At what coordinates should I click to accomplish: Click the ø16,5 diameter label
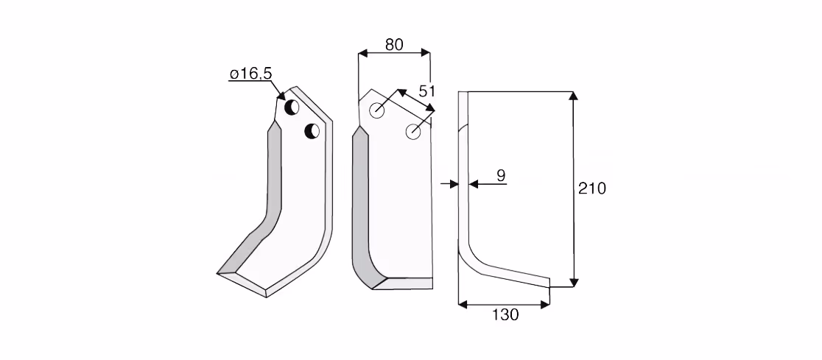tap(250, 74)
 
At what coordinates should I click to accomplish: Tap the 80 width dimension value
tap(394, 45)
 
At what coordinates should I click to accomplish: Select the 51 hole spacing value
tap(427, 91)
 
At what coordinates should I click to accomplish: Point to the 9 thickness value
tap(501, 175)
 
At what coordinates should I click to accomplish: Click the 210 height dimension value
tap(592, 188)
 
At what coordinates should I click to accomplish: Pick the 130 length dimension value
tap(506, 315)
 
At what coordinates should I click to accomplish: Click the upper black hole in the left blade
tap(292, 107)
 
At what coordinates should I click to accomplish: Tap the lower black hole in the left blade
tap(312, 131)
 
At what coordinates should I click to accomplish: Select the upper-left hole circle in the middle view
tap(377, 110)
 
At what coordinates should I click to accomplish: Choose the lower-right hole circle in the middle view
tap(413, 132)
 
